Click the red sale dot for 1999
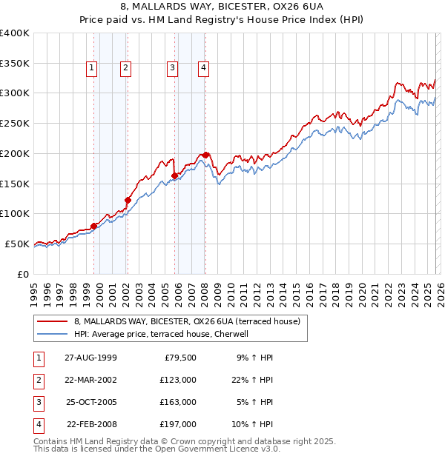pyautogui.click(x=94, y=226)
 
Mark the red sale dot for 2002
pyautogui.click(x=128, y=200)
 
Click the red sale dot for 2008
pyautogui.click(x=206, y=155)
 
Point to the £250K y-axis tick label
pyautogui.click(x=15, y=124)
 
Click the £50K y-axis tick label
pyautogui.click(x=17, y=244)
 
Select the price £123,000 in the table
pyautogui.click(x=179, y=380)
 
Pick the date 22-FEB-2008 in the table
pyautogui.click(x=90, y=424)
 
